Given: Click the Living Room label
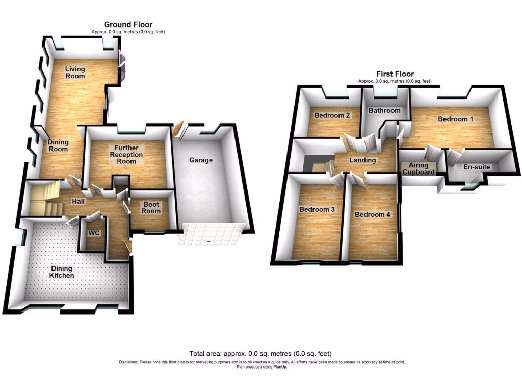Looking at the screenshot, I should point(74,72).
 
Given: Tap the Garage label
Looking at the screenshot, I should point(201,160).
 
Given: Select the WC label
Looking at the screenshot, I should point(94,233).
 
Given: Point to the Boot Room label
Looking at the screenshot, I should point(151,207).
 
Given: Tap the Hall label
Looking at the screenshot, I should point(78,202).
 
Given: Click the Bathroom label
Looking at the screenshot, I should point(385,110).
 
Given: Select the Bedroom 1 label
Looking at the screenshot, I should point(456,119).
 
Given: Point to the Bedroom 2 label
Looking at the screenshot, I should point(332,115).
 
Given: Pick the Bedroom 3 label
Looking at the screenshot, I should point(317,209).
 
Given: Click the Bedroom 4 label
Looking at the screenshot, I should point(373,214).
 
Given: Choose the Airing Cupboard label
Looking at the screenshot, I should point(419,168).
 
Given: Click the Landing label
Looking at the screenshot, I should point(362,160).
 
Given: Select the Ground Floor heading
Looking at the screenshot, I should point(128,24).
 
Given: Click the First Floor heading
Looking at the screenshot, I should point(395,74).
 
